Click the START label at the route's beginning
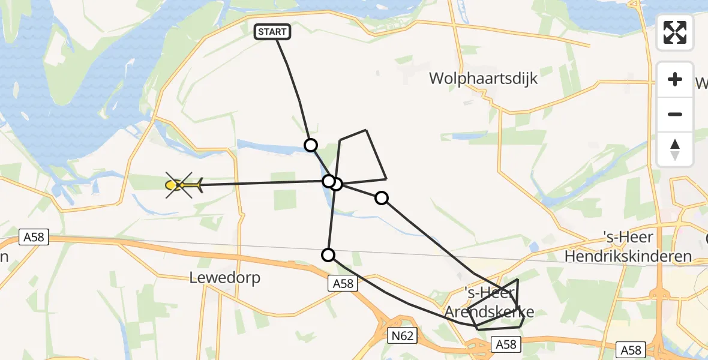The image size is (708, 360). pyautogui.click(x=274, y=32)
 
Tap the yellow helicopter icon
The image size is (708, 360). pyautogui.click(x=182, y=185)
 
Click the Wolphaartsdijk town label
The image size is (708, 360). pyautogui.click(x=483, y=79)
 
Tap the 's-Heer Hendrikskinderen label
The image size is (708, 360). pyautogui.click(x=628, y=247)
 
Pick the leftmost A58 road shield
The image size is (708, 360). pyautogui.click(x=34, y=238)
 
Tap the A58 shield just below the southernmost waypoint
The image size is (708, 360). pyautogui.click(x=344, y=284)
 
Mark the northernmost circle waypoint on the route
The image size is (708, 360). pyautogui.click(x=311, y=145)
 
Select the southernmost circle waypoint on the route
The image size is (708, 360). pyautogui.click(x=328, y=255)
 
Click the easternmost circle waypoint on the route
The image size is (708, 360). pyautogui.click(x=382, y=197)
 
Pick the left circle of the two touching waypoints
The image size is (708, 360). pyautogui.click(x=328, y=181)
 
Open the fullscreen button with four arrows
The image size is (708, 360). pyautogui.click(x=675, y=32)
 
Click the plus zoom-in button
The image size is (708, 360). pyautogui.click(x=675, y=79)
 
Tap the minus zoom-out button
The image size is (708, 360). pyautogui.click(x=675, y=114)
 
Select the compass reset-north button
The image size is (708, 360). pyautogui.click(x=675, y=149)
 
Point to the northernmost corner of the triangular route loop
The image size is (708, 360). pyautogui.click(x=365, y=130)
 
